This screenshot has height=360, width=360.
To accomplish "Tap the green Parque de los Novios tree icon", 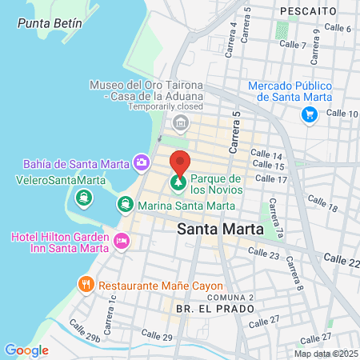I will (x=177, y=185).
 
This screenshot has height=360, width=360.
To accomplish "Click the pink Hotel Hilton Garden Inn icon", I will (x=122, y=240).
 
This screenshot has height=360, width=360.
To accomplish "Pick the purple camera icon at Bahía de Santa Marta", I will (x=142, y=163).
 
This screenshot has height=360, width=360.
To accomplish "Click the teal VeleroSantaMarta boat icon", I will (x=82, y=197).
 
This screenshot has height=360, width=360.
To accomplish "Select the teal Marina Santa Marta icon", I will (x=125, y=205).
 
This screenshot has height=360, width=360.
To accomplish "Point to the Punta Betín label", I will (x=49, y=23).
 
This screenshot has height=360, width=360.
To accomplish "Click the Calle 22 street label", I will (x=342, y=261).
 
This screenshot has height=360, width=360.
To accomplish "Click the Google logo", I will (x=26, y=350).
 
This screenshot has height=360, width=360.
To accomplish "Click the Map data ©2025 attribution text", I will (x=324, y=354).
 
